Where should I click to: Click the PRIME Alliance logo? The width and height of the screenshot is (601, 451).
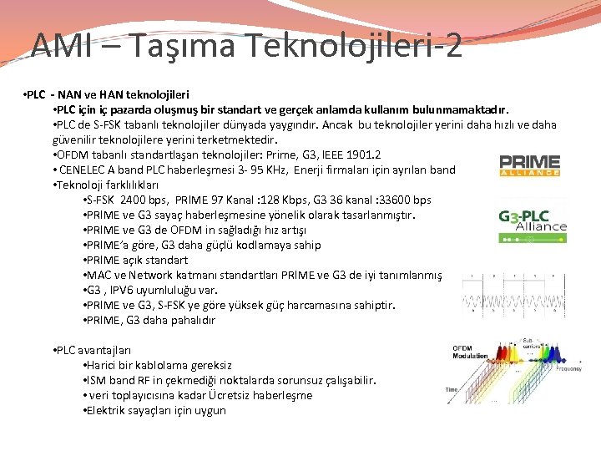(528, 165)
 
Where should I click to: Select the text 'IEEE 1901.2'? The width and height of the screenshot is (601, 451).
(351, 155)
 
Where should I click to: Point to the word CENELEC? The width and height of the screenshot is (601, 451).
(83, 170)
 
